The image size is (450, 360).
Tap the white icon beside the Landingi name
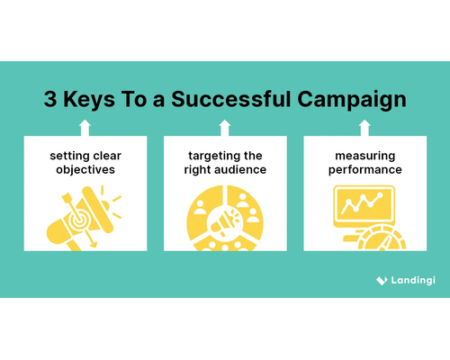coord(381,281)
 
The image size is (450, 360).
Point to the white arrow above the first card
coord(84,127)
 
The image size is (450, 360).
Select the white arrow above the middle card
coord(225,127)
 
